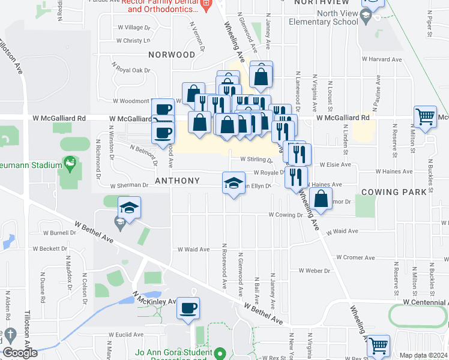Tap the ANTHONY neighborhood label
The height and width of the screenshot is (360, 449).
pos(177,181)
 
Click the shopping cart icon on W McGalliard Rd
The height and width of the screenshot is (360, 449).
pos(426,117)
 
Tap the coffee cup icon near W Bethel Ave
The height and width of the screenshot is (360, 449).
pos(188,308)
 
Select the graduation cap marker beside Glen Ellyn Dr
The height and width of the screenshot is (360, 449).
pos(234,183)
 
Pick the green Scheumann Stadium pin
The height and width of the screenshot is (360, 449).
pos(70,163)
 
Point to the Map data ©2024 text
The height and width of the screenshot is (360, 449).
pos(423,355)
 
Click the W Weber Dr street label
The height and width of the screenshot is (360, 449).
pos(310,271)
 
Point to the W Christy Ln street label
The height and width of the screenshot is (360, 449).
pos(133,41)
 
